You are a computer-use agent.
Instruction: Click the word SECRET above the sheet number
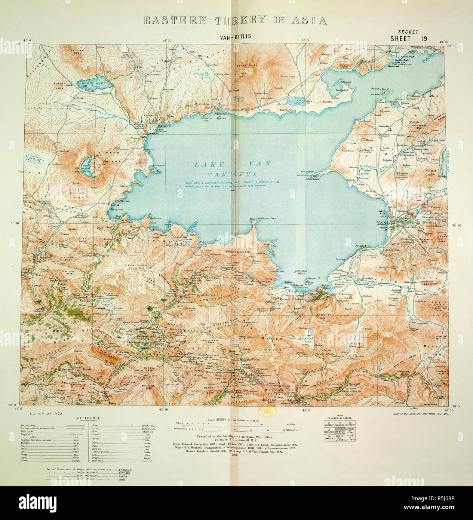point(408,32)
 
